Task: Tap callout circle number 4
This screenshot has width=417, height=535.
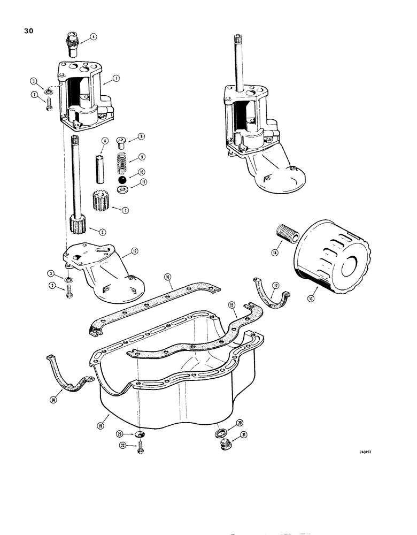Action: [93, 37]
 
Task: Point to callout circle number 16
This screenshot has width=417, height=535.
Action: [168, 277]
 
